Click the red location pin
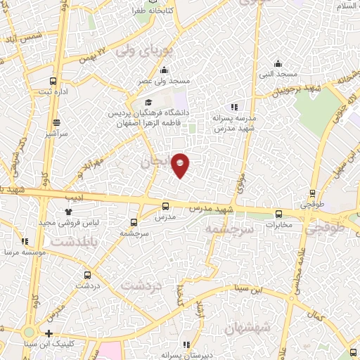pyautogui.click(x=181, y=165)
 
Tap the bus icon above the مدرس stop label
pyautogui.click(x=165, y=206)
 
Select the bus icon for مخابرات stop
pyautogui.click(x=278, y=214)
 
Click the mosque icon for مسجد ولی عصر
pyautogui.click(x=164, y=70)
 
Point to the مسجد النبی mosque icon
pyautogui.click(x=278, y=63)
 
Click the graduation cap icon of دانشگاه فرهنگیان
pyautogui.click(x=148, y=103)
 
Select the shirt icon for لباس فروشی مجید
pyautogui.click(x=69, y=212)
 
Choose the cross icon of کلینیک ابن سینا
pyautogui.click(x=49, y=333)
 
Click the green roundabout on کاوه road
pyautogui.click(x=28, y=332)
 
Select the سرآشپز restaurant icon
pyautogui.click(x=56, y=121)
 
